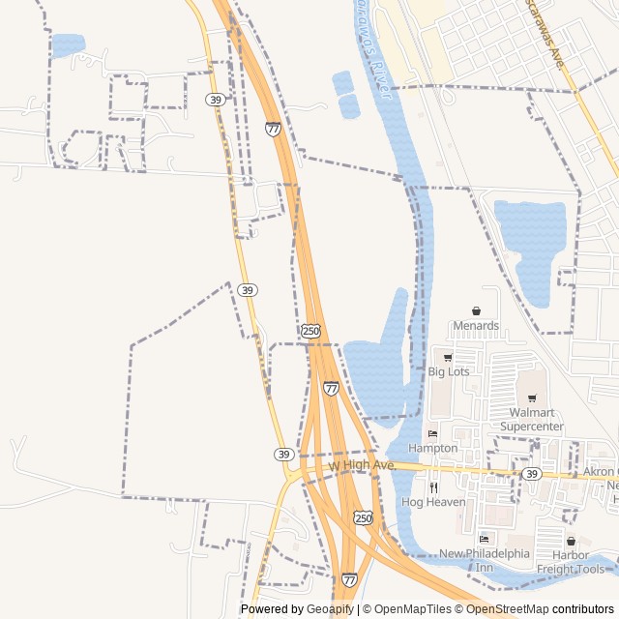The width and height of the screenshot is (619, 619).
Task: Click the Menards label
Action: [x=476, y=326]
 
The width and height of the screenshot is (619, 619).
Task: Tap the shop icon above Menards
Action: [x=476, y=311]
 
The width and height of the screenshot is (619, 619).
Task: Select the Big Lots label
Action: [x=449, y=370]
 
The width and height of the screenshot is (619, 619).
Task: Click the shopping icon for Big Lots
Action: [x=448, y=357]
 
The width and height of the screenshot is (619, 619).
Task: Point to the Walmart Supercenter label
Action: [x=536, y=419]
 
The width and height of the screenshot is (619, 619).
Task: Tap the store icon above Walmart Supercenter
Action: [x=531, y=398]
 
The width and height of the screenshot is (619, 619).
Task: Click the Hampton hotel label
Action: [x=432, y=448]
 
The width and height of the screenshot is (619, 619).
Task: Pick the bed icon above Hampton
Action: [x=432, y=434]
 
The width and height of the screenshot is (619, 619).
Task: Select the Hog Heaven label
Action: [x=433, y=502]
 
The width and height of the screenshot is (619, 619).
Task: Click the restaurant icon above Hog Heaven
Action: [x=433, y=487]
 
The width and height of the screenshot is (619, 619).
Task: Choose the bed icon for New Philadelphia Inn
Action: [x=484, y=539]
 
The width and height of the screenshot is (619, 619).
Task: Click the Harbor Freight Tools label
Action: [x=577, y=562]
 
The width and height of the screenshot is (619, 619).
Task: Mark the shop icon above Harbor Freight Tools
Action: [x=571, y=542]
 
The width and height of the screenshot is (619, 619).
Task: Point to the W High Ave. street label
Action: [x=362, y=466]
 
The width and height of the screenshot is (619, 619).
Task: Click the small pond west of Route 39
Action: [x=68, y=44]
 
